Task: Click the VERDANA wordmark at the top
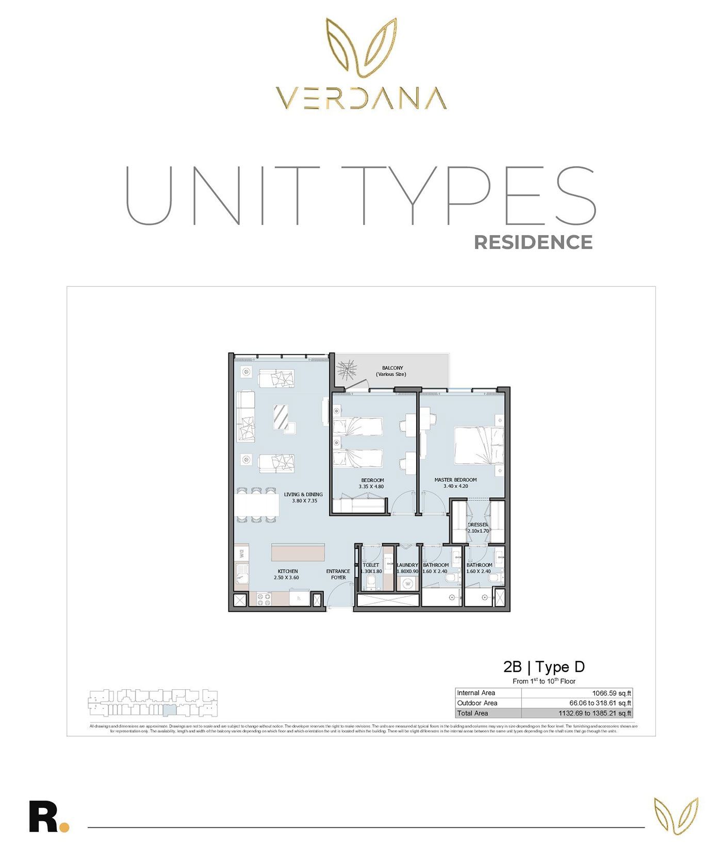(360, 98)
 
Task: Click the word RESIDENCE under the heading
(533, 242)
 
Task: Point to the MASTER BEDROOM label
(455, 480)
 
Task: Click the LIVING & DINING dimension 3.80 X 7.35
(304, 501)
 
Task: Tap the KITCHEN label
(287, 571)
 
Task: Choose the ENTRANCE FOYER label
(338, 574)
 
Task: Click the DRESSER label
(478, 525)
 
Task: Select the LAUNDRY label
(407, 565)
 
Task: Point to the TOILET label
(371, 565)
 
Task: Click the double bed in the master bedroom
(479, 445)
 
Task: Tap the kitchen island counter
(298, 552)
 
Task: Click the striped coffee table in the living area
(282, 417)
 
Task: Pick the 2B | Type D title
(544, 667)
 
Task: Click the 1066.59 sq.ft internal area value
(611, 693)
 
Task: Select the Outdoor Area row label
(477, 703)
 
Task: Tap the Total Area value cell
(595, 713)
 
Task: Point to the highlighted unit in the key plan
(170, 710)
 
